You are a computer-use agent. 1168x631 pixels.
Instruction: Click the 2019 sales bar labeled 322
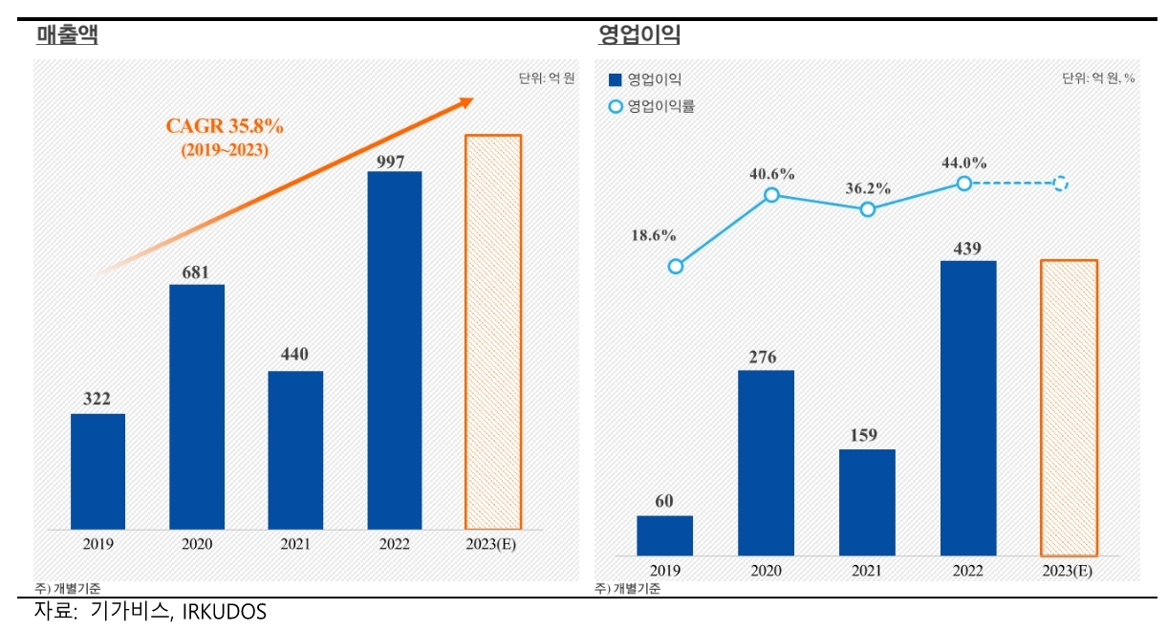point(97,471)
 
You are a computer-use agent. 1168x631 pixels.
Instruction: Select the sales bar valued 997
point(394,350)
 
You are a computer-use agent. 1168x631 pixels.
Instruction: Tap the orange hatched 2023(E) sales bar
point(493,332)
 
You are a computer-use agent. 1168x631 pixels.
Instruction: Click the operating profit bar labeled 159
point(867,502)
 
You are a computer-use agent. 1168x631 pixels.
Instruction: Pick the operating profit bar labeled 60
point(664,535)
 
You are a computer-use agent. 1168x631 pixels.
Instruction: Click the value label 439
point(968,249)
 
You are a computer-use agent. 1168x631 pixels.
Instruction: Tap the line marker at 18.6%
point(676,267)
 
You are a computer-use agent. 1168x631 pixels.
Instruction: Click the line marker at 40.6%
point(771,195)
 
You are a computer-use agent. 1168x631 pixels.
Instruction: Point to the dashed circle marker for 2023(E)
point(1060,184)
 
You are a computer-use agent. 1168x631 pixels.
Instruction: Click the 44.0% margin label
point(963,163)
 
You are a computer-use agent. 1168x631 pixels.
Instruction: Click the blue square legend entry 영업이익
point(645,79)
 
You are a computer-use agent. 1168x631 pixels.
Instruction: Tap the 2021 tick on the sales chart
point(294,544)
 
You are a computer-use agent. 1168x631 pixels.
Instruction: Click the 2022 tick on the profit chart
point(968,570)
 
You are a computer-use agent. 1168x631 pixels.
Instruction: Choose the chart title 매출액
point(66,36)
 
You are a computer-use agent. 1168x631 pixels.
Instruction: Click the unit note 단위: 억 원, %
point(1097,78)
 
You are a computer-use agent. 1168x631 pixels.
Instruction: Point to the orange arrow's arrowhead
point(465,101)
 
